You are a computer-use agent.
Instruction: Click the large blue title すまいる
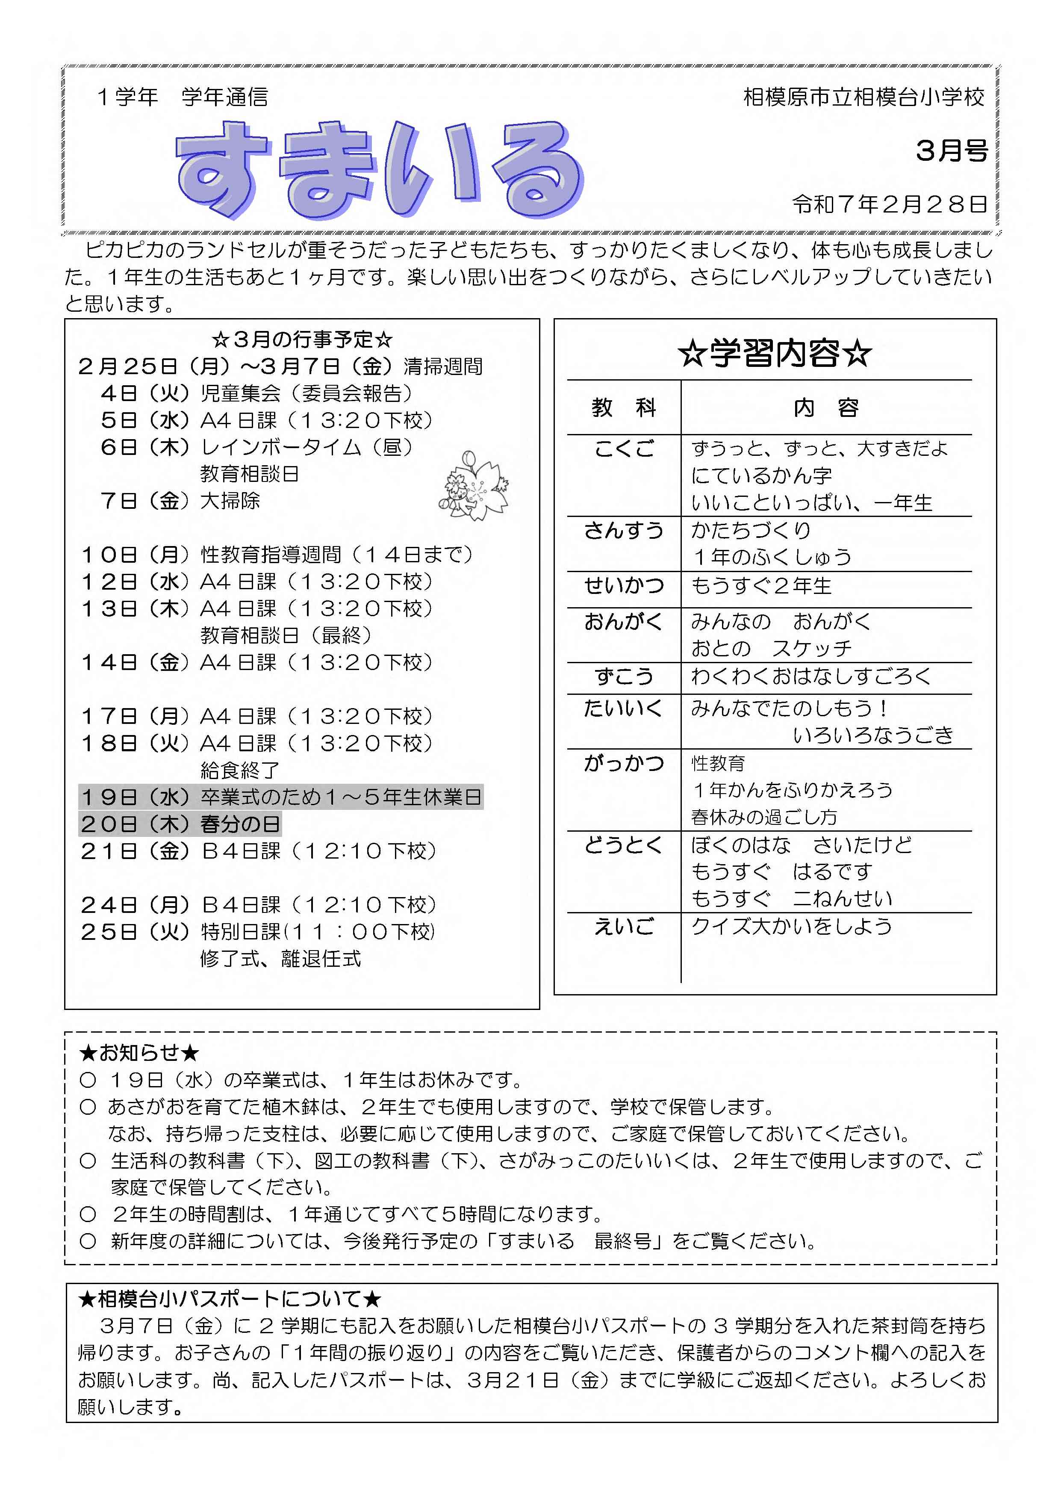click(379, 170)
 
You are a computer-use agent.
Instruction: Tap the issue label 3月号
click(951, 151)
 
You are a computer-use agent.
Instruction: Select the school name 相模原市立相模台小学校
click(864, 97)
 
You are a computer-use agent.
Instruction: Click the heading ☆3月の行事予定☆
click(302, 339)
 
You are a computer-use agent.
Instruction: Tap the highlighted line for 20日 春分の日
click(180, 824)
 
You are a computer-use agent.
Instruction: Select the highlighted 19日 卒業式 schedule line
click(281, 797)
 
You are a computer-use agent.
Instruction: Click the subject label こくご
click(624, 449)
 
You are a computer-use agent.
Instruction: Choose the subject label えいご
click(624, 927)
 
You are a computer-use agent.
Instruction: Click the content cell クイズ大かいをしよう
click(791, 927)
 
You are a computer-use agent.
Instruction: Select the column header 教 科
click(624, 407)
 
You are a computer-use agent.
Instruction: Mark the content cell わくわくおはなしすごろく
click(810, 676)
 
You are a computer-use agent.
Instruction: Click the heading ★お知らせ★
click(139, 1052)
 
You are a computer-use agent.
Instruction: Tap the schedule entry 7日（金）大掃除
click(180, 501)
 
